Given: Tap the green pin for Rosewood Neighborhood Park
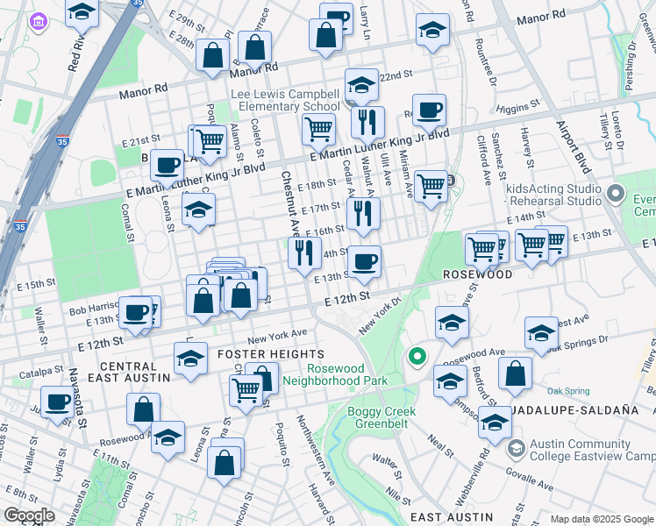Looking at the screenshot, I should click(417, 358).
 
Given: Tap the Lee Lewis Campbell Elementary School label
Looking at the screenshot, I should click(285, 100).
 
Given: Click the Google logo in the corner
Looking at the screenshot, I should click(29, 515).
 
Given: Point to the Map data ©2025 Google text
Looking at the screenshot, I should click(602, 519).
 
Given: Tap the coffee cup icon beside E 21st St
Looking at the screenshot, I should click(166, 164).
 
